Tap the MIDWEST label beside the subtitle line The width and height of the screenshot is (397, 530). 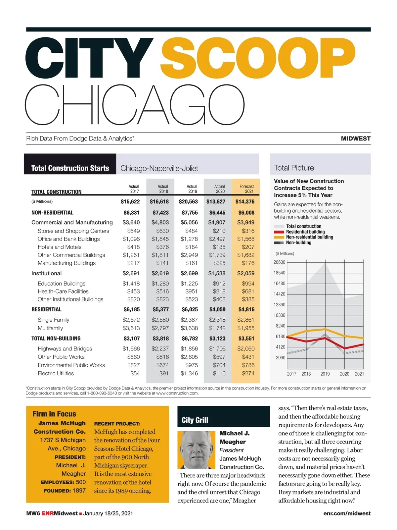tap(356, 138)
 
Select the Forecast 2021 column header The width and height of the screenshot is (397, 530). tap(246, 189)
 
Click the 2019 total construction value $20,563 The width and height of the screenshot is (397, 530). tap(188, 201)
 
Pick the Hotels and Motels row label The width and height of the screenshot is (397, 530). tap(60, 247)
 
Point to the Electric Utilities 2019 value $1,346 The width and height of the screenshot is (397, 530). tap(189, 373)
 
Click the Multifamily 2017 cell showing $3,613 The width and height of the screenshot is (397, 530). tap(131, 328)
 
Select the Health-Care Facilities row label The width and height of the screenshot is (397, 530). tap(63, 291)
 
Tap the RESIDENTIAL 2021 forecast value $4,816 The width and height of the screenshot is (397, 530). tap(246, 309)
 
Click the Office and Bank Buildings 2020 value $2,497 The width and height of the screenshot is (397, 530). tap(217, 239)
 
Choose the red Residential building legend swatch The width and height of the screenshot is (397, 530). tap(279, 232)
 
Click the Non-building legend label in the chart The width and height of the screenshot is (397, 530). tap(298, 242)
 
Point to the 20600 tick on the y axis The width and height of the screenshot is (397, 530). tap(279, 262)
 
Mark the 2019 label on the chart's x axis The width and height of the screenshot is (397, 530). tap(325, 374)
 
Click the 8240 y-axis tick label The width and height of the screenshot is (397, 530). tap(281, 326)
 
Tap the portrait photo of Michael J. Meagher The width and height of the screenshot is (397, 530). tap(196, 450)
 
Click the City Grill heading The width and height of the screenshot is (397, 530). tap(195, 420)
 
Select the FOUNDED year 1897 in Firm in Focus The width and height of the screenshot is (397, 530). tap(79, 491)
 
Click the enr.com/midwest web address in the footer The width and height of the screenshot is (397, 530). tap(347, 513)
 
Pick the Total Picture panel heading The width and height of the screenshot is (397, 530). tap(294, 168)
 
